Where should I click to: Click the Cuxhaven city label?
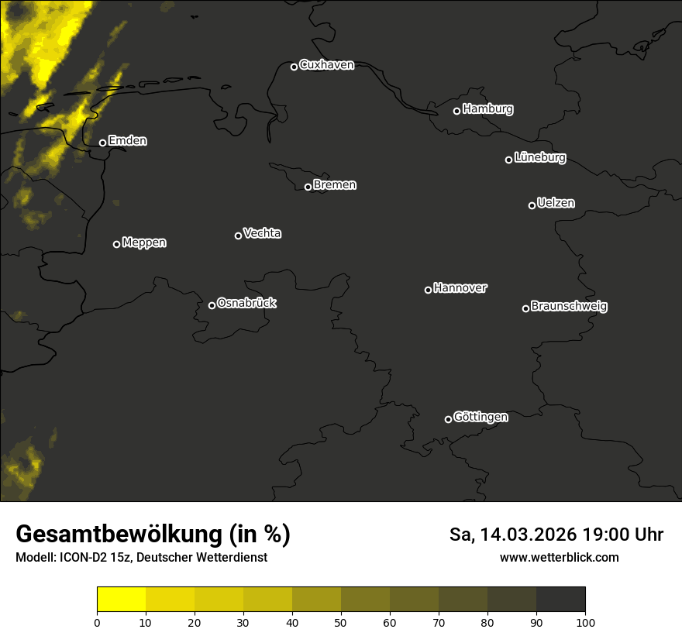point(326,65)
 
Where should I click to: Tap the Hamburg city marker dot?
point(457,111)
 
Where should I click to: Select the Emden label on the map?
point(127,141)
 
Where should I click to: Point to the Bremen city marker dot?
point(308,187)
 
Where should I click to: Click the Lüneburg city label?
point(539,158)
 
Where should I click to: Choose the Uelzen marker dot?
point(532,205)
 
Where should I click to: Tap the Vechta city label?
point(262,233)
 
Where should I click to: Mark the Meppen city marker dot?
point(116,244)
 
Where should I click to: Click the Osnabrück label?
point(246,303)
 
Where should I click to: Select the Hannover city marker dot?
point(428,290)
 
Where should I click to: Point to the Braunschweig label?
point(569,307)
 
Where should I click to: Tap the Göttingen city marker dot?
point(448,419)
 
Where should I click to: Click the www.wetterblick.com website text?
point(559,558)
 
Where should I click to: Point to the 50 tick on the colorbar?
point(341,622)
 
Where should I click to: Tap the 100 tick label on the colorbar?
point(585,622)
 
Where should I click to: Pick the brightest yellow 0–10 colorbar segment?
point(122,600)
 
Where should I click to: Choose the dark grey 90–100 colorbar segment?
point(560,600)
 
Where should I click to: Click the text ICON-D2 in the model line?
point(82,558)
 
